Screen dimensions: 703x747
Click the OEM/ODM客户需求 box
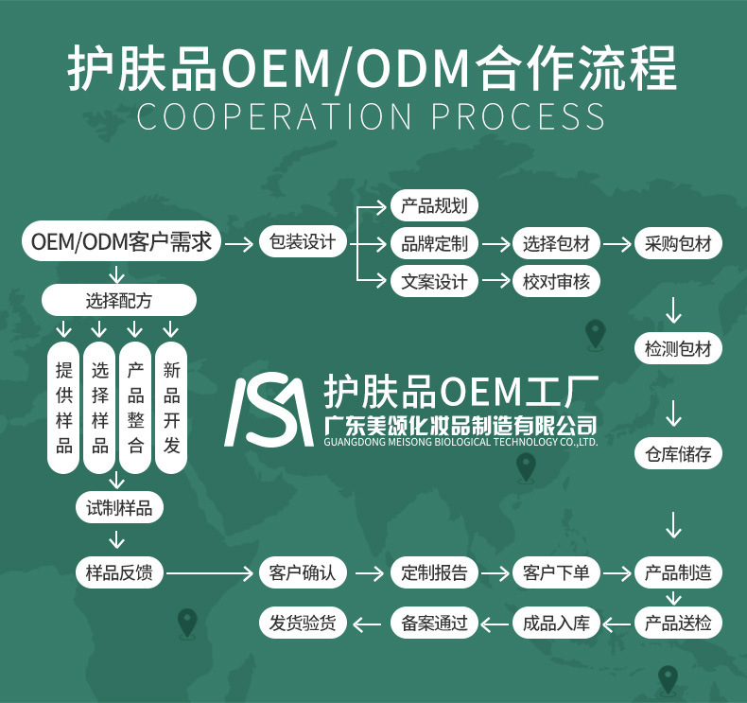click(x=121, y=243)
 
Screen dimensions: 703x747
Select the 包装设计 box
click(x=303, y=243)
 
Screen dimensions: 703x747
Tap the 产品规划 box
click(x=434, y=206)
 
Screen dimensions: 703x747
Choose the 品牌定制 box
click(x=434, y=243)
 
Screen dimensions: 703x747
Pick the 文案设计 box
click(x=434, y=281)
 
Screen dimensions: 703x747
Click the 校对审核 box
click(x=556, y=281)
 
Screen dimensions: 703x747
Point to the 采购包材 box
click(x=678, y=243)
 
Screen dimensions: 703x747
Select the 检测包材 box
click(x=678, y=349)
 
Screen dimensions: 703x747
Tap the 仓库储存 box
click(x=678, y=454)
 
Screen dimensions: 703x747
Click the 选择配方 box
click(x=118, y=302)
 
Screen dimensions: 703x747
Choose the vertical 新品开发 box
click(x=171, y=408)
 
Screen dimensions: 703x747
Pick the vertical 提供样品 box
click(x=64, y=408)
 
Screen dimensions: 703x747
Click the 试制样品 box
click(x=118, y=508)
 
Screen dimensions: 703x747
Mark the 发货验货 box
click(x=303, y=623)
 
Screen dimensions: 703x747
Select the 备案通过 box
click(x=434, y=623)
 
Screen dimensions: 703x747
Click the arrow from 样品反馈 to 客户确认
click(x=208, y=573)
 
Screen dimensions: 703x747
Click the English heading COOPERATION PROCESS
click(x=372, y=116)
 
